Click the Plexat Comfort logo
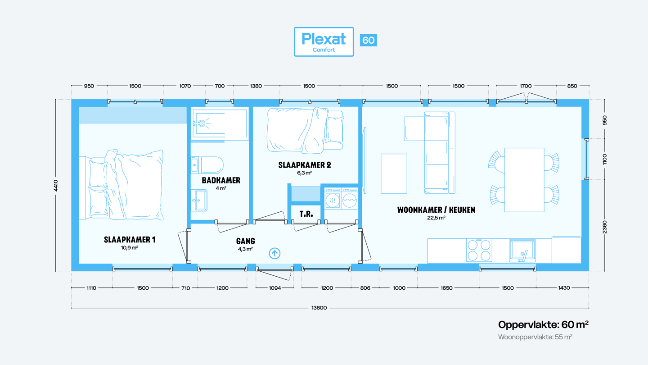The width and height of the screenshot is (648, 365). pos(324,42)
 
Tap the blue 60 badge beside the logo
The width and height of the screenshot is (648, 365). pos(368,40)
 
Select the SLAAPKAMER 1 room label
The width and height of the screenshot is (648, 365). pos(130,240)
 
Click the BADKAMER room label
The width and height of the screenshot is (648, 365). pos(221,180)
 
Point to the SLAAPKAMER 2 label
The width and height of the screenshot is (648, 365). pos(305,165)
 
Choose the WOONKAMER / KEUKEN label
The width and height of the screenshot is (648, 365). pos(436,210)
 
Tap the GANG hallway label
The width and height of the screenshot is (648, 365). pos(246,241)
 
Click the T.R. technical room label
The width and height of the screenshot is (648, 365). pos(306,214)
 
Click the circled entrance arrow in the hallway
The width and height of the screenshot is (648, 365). pos(274,253)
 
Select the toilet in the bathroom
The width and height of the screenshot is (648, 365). pos(207,165)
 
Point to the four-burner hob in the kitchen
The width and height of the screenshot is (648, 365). pos(479,250)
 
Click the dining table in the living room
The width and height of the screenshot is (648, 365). pos(524,180)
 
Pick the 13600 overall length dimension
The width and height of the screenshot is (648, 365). pos(319,308)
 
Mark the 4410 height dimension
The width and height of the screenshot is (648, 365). pos(56,185)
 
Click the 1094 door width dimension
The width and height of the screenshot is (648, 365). pos(275,288)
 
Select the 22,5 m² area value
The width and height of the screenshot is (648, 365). pos(436,218)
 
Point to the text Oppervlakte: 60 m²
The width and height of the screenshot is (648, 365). pos(543,325)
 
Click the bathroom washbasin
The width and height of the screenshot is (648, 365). pos(199,200)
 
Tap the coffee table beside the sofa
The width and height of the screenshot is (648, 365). pos(394,173)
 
